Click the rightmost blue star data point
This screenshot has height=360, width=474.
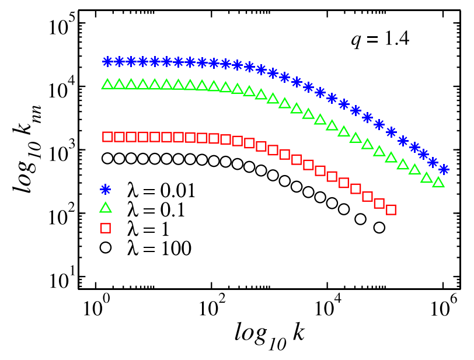444,170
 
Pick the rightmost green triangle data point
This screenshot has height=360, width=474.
439,183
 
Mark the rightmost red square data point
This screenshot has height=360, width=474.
391,210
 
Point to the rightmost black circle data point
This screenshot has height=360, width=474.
379,228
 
